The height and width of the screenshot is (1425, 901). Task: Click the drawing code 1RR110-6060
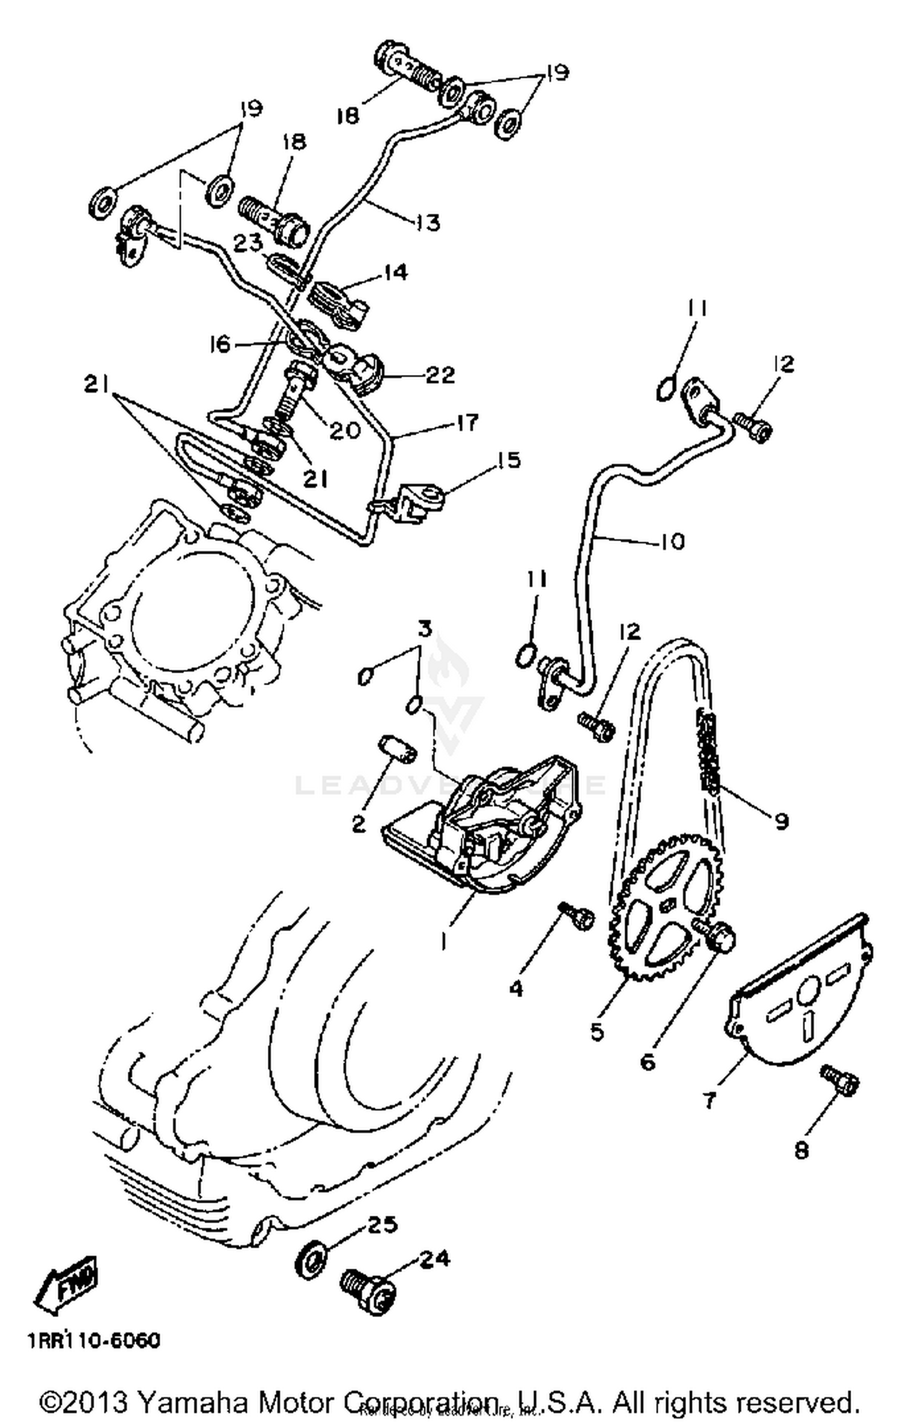pos(93,1341)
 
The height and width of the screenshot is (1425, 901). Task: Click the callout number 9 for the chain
pos(780,820)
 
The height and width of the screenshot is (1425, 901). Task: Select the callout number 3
pos(424,629)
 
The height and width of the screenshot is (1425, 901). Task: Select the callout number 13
pos(428,222)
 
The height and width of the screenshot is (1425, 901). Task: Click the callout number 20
pos(344,430)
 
